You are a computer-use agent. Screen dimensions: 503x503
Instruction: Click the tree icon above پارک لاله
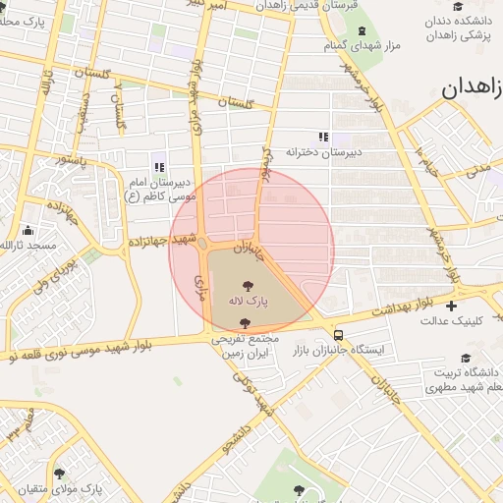point(246,283)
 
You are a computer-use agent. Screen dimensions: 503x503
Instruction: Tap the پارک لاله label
point(249,299)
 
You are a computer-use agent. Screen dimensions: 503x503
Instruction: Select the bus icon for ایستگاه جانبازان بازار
point(338,333)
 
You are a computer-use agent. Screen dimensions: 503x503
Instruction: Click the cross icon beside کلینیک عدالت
point(451,306)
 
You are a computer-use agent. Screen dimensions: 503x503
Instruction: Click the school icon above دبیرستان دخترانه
point(324,137)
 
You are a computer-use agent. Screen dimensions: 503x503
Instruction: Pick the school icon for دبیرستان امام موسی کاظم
point(160,166)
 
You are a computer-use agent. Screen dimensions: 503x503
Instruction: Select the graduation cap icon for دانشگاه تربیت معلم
point(466,359)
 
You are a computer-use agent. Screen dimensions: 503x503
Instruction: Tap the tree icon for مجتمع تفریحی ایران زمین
point(244,322)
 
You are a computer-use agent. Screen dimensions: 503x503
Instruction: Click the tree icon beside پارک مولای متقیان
point(59,473)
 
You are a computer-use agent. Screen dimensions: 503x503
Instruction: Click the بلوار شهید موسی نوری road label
point(88,349)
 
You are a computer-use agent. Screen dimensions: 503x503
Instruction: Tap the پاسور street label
point(72,157)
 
